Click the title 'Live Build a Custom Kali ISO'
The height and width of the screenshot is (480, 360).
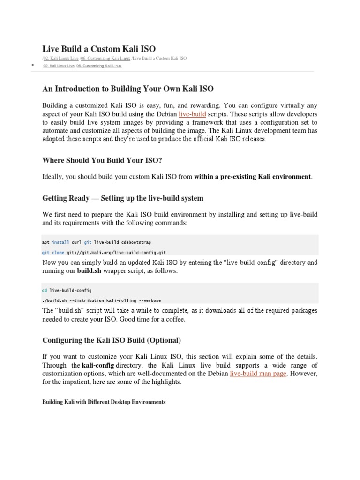(99, 49)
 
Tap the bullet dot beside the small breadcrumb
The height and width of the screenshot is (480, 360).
(32, 65)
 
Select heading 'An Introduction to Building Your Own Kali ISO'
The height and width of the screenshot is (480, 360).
(128, 89)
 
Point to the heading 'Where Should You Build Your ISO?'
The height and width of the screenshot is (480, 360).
(102, 161)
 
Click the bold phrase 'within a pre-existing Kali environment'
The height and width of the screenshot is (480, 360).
(252, 177)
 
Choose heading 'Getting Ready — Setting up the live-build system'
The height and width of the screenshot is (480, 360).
(123, 198)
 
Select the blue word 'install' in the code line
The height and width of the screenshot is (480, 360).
(60, 242)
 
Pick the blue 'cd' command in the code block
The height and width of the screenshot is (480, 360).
(45, 290)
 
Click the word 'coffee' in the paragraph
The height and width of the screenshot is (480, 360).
(175, 320)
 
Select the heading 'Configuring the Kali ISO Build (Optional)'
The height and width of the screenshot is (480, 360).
(111, 340)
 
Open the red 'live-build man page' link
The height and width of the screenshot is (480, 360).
(258, 374)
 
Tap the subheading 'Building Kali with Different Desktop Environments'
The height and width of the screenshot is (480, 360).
(104, 402)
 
